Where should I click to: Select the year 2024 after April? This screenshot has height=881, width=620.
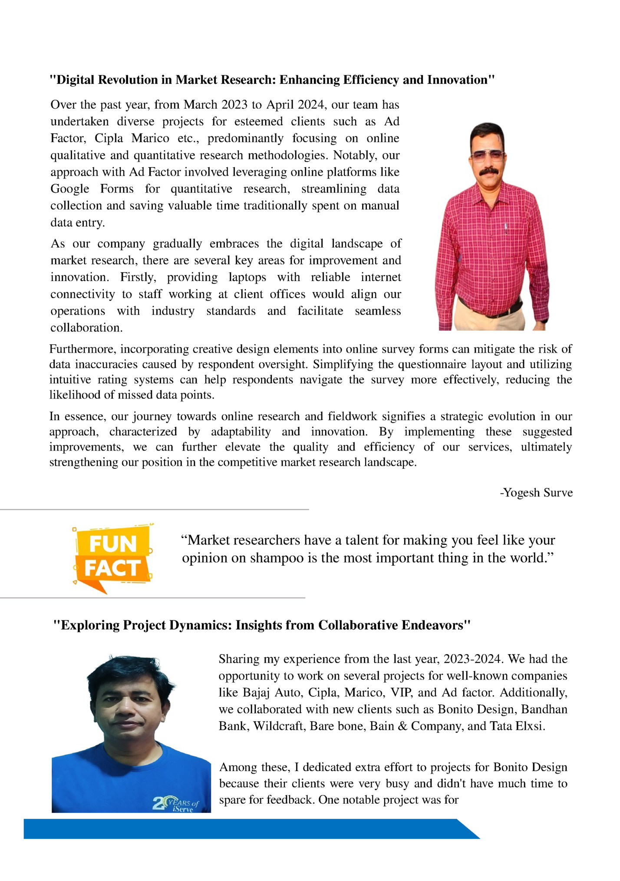tap(311, 105)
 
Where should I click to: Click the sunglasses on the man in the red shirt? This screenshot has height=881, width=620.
tap(488, 156)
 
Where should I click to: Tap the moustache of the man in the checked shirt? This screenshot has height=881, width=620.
tap(488, 172)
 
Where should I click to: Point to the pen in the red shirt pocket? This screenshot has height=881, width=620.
tap(506, 229)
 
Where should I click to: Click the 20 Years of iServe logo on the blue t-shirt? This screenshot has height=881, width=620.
tap(176, 804)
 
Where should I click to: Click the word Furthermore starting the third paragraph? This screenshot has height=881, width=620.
tap(82, 349)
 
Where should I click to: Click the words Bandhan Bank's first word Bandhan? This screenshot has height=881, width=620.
tap(544, 709)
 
